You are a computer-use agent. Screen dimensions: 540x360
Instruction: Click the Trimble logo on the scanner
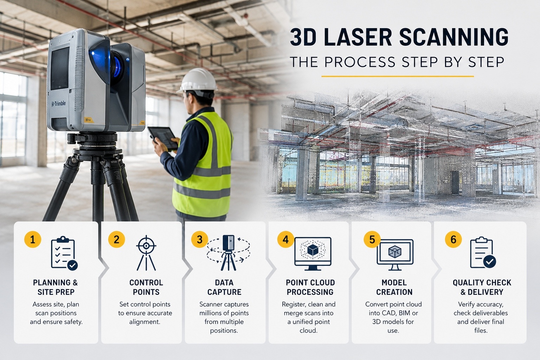coord(58,104)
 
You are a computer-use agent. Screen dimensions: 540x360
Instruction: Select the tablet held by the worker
coord(163,138)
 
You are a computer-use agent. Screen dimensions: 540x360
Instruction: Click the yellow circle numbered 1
coord(33,239)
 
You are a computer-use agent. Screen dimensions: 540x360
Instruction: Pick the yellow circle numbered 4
coord(286,239)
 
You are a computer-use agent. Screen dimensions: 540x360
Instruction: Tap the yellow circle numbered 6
coord(453,239)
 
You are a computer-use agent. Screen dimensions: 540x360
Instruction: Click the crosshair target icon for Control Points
coord(146,253)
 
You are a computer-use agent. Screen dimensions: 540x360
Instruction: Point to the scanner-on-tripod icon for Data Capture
coord(228,253)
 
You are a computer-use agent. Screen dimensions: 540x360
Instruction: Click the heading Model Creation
coord(394,287)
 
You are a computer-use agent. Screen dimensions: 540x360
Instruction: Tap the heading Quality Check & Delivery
coord(482,287)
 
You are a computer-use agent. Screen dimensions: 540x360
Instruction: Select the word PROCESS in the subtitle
coord(360,62)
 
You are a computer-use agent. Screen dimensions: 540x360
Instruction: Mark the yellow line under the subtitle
coord(398,76)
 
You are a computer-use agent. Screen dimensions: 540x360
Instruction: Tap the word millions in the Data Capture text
coord(211,313)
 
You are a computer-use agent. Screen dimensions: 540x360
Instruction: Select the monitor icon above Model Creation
coord(395,255)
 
